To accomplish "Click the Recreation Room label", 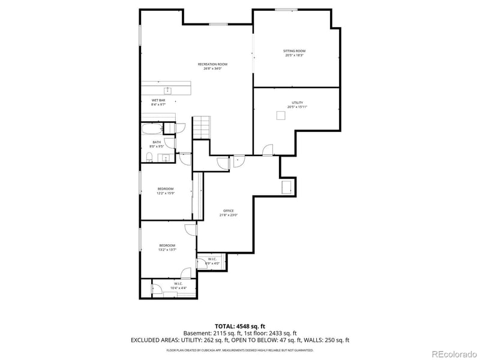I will [x=213, y=66].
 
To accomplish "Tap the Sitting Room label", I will [x=295, y=53].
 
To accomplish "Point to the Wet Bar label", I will [x=158, y=102].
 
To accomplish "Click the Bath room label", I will [x=157, y=143].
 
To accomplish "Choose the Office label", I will [x=229, y=213].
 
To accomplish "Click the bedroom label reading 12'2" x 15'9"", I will [x=165, y=190].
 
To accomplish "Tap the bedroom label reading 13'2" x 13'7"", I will [x=167, y=247].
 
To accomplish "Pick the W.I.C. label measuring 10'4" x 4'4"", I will [x=178, y=286].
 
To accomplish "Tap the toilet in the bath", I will [x=149, y=157].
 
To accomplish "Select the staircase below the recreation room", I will [x=202, y=127].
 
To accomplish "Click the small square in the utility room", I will [x=281, y=116].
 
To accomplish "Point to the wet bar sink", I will [x=168, y=91].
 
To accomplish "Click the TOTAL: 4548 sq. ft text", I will [x=240, y=326].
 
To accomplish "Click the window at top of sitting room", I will [x=286, y=10].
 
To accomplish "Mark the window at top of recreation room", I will [x=218, y=24].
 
